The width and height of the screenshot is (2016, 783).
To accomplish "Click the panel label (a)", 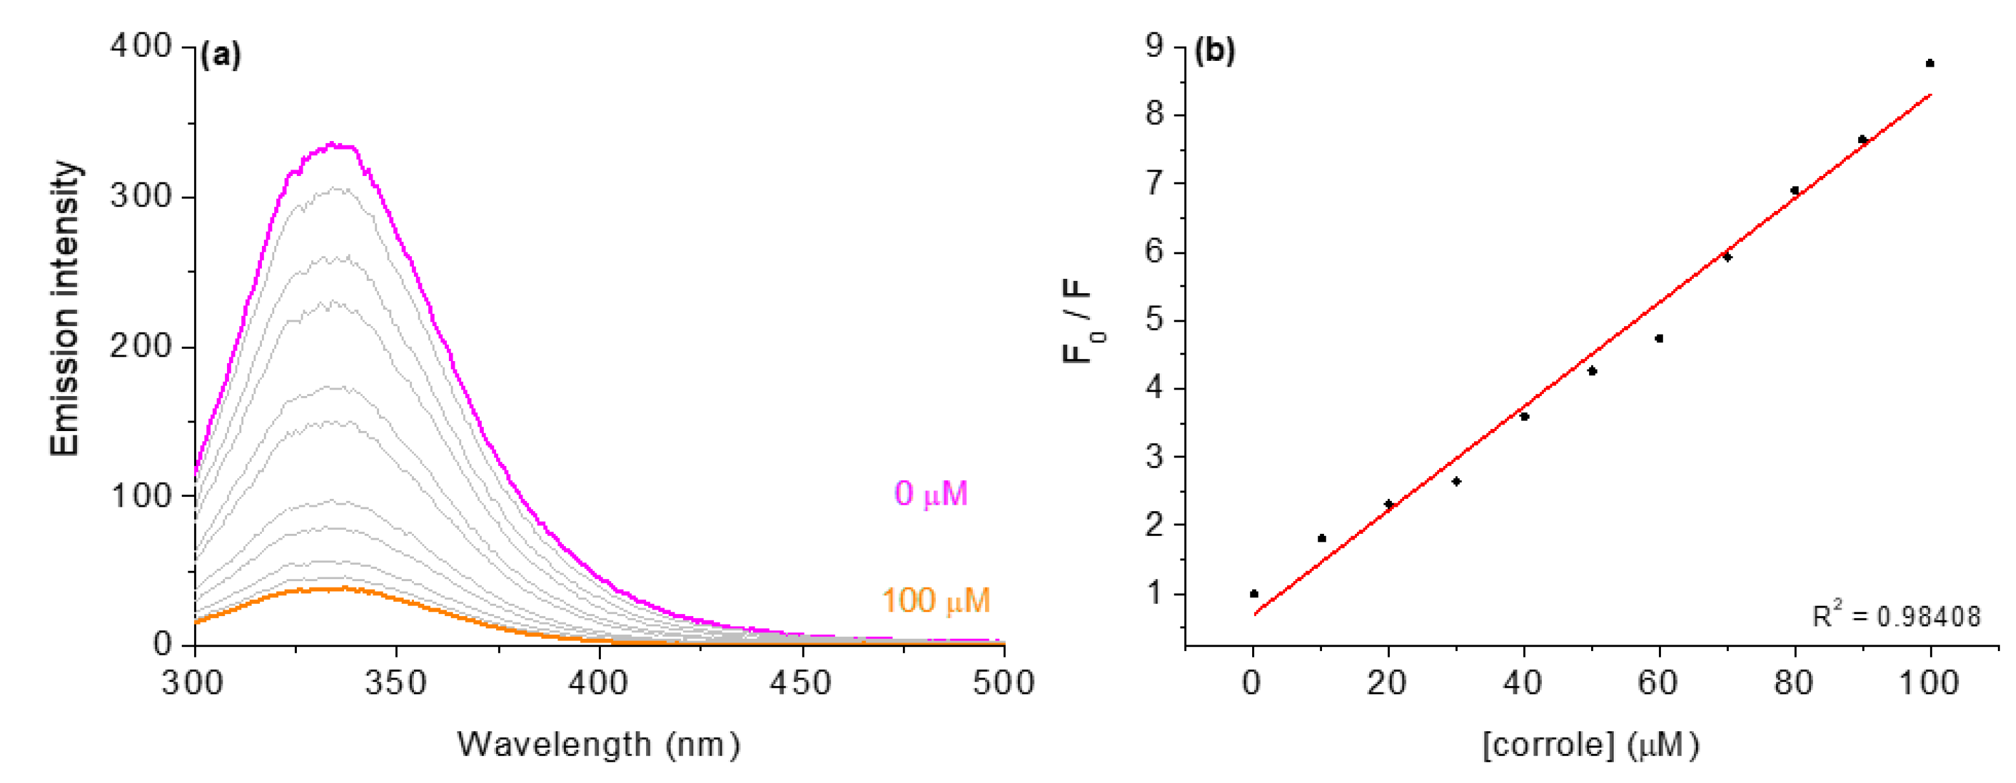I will tap(221, 56).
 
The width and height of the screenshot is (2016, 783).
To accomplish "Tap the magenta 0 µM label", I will tap(931, 493).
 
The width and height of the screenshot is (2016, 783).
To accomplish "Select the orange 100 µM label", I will tap(936, 601).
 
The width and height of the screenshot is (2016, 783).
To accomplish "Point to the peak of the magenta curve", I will tap(332, 144).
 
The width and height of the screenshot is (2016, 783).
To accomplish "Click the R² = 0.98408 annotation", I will tap(1896, 615).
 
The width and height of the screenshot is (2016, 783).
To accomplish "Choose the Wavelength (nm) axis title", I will tap(599, 744).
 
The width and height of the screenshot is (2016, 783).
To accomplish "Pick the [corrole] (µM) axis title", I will tap(1591, 744).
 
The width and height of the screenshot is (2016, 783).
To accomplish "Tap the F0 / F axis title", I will tap(1081, 321).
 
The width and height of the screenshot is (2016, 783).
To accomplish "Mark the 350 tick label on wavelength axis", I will tap(396, 683).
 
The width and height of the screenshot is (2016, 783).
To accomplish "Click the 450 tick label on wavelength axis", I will tap(801, 683).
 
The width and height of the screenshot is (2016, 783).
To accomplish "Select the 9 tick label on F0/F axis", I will tap(1154, 45).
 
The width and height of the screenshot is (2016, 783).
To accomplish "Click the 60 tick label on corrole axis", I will tap(1658, 683).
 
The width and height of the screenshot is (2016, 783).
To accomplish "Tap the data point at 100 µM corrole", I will tap(1930, 63).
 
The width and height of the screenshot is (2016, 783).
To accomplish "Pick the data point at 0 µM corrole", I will tap(1253, 593).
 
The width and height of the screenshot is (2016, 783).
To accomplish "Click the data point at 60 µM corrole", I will tap(1659, 338).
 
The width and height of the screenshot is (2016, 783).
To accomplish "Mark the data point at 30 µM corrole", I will tap(1457, 481).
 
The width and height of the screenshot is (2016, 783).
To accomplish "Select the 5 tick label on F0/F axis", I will tap(1154, 320).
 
